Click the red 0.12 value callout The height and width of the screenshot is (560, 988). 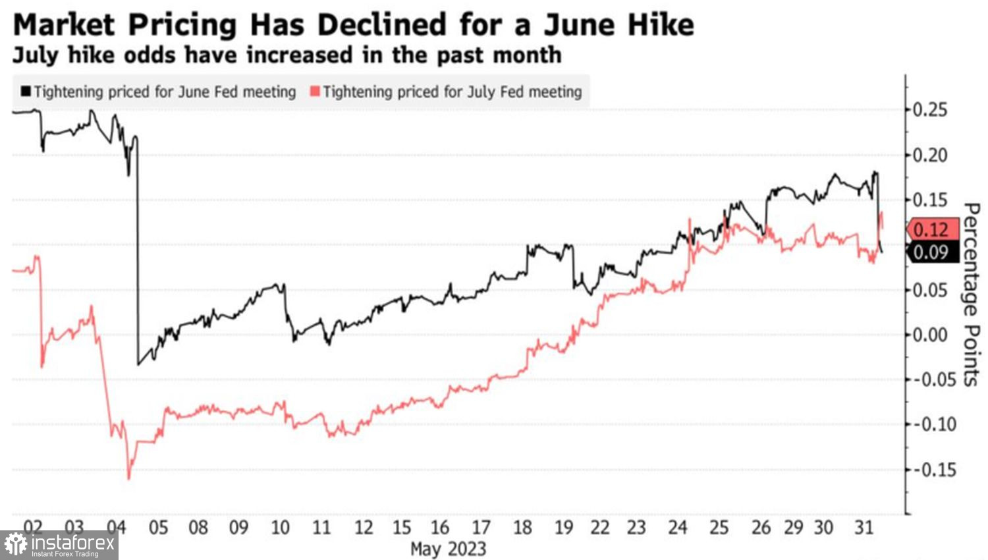(931, 229)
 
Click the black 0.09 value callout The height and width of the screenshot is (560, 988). (931, 252)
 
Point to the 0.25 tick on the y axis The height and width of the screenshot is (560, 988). (930, 109)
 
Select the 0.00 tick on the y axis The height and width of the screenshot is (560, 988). (930, 335)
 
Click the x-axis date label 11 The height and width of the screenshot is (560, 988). (321, 528)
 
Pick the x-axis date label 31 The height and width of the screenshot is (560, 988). (864, 528)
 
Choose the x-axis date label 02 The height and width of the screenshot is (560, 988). (33, 528)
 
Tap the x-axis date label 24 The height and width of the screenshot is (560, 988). (678, 528)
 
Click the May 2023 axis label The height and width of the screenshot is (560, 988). (448, 549)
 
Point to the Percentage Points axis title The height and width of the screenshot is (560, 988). (971, 294)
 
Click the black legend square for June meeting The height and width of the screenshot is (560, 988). (26, 92)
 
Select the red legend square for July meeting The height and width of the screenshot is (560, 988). (315, 92)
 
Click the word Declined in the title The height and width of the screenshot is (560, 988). (380, 25)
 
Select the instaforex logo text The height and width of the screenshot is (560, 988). (72, 544)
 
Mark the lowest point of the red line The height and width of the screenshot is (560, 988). (128, 478)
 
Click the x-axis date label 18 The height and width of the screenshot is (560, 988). (522, 528)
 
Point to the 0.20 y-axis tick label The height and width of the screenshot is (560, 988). (930, 155)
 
